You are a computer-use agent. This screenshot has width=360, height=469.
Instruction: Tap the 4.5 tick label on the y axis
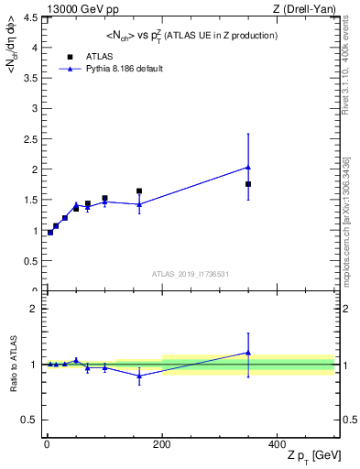click(x=29, y=17)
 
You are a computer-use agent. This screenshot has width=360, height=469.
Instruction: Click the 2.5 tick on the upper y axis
click(x=29, y=139)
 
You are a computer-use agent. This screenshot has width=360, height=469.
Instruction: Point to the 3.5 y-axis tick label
click(x=29, y=79)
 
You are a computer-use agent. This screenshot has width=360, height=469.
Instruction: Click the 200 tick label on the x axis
click(x=161, y=442)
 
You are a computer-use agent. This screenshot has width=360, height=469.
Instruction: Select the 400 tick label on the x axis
click(x=277, y=442)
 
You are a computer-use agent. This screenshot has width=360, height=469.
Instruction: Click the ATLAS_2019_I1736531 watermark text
click(x=191, y=274)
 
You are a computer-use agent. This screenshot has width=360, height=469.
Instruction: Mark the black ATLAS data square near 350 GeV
click(x=248, y=184)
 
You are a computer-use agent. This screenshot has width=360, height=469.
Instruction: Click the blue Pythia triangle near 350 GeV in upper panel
click(x=248, y=168)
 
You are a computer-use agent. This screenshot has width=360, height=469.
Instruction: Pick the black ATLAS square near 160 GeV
click(x=139, y=191)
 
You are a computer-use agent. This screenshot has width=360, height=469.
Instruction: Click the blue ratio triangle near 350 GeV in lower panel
click(x=248, y=353)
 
